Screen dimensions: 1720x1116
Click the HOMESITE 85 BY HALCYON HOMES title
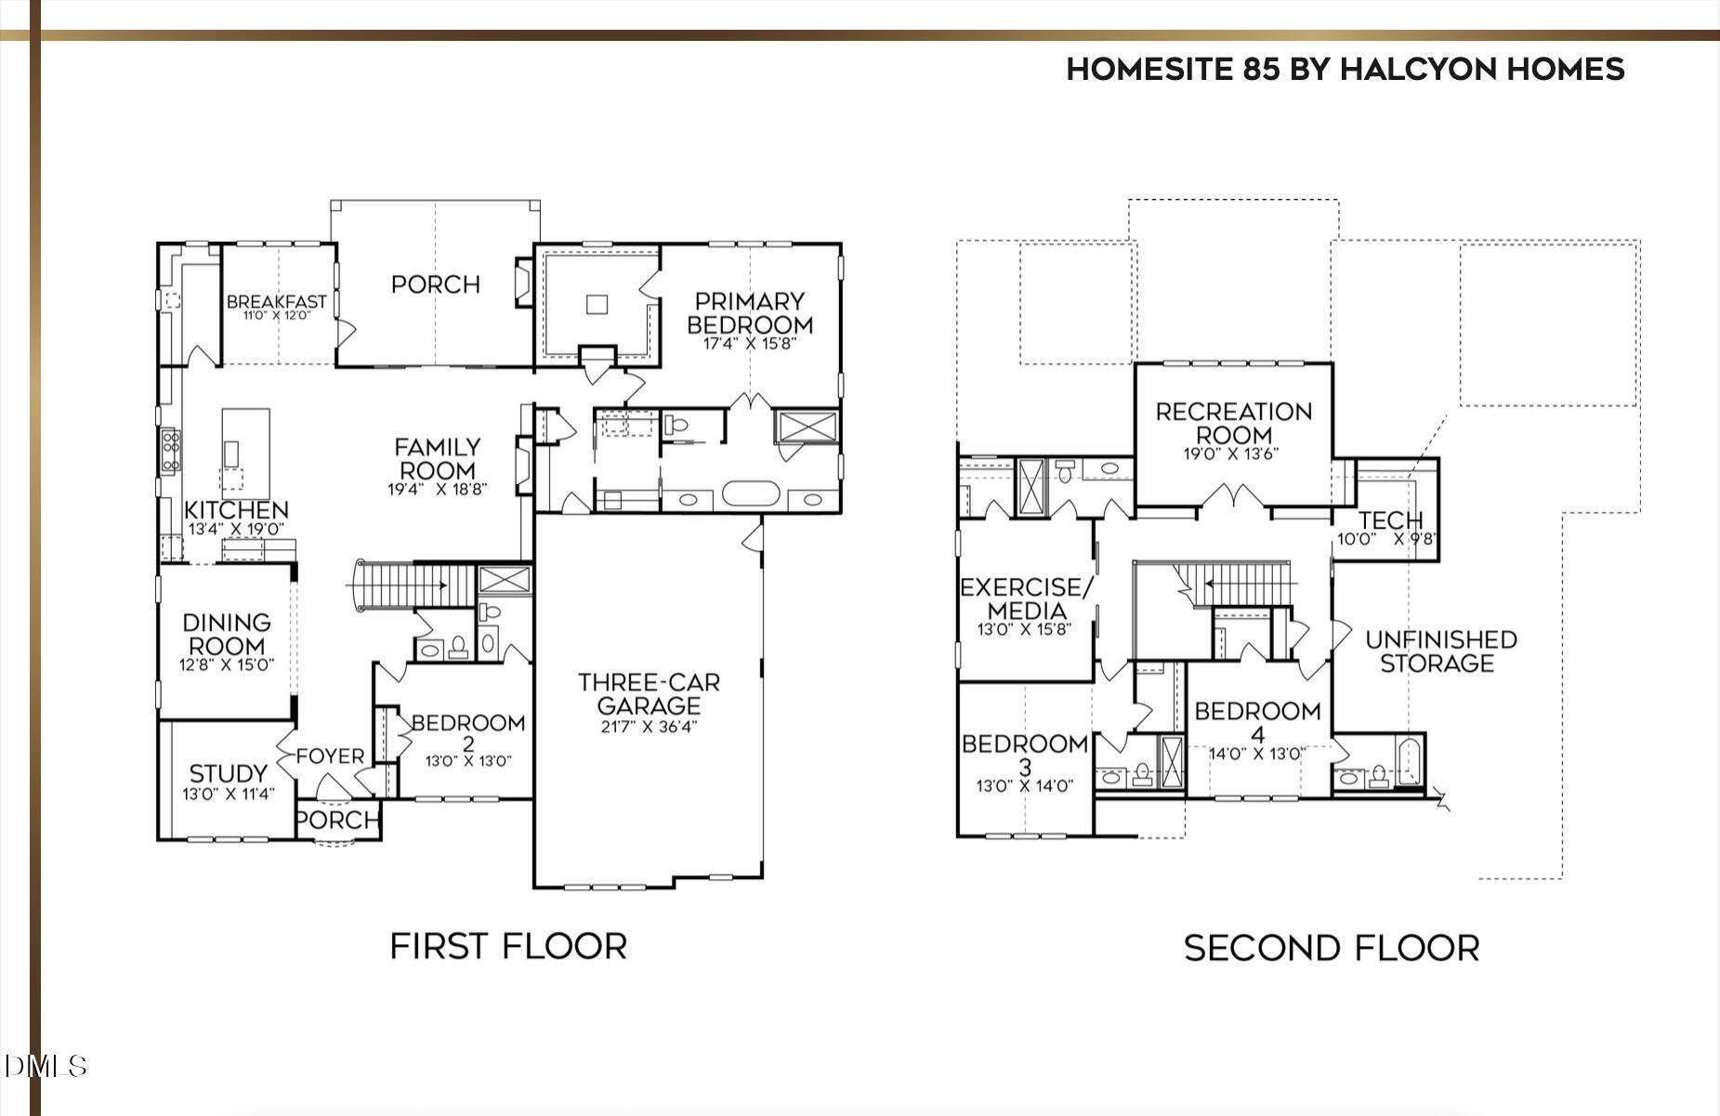point(1345,69)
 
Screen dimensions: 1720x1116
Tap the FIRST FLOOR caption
point(508,946)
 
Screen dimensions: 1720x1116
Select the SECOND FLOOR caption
point(1332,948)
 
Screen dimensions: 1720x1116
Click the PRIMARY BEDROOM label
point(749,313)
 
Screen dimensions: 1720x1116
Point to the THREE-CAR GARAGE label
point(649,693)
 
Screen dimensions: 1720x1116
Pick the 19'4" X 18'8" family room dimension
point(438,489)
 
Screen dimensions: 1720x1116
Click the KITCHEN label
point(236,510)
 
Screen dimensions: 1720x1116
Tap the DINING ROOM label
point(227,634)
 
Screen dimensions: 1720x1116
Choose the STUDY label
point(228,773)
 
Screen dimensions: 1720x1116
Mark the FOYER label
point(330,756)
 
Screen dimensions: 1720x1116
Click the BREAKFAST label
point(277,302)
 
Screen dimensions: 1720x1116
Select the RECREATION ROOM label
point(1233,423)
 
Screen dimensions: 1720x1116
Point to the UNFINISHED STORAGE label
point(1440,651)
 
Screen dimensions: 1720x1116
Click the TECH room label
point(1390,520)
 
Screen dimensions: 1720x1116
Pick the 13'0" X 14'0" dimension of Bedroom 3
point(1025,786)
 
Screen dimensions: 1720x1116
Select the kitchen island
point(245,454)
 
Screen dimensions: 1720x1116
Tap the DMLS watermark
point(45,1066)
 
